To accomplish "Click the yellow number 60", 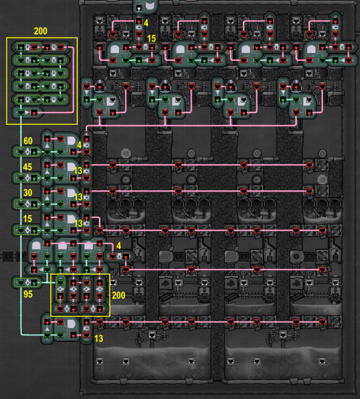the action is (x=28, y=141).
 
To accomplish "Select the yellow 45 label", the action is (x=28, y=167).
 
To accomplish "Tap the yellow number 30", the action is (x=28, y=192).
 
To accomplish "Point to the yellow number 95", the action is (x=28, y=294).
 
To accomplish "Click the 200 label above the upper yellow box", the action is (x=41, y=31).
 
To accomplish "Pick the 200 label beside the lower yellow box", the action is (x=118, y=295).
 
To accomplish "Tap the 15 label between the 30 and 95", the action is (x=28, y=218).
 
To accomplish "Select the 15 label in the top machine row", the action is (x=151, y=38).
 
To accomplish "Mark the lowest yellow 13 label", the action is (x=99, y=339).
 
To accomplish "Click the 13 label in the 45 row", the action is (x=78, y=170).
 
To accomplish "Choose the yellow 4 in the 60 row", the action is (x=79, y=145).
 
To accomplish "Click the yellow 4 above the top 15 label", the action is (x=146, y=23).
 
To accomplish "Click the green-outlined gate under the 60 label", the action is (x=27, y=152).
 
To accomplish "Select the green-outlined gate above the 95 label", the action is (x=27, y=282).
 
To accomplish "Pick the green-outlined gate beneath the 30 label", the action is (x=27, y=204).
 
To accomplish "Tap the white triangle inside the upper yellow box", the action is (x=28, y=112).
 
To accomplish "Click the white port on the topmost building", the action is (x=139, y=9).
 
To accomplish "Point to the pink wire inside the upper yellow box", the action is (x=73, y=79).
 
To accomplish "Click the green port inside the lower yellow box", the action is (x=60, y=282).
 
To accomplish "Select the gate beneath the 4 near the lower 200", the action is (x=119, y=257).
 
